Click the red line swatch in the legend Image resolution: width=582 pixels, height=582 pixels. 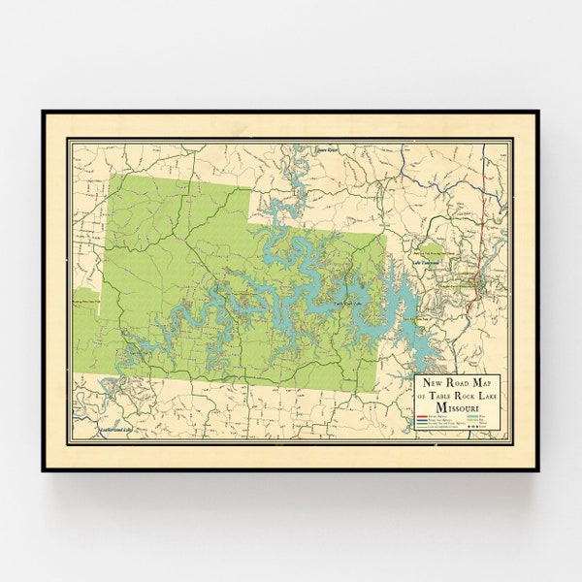422,418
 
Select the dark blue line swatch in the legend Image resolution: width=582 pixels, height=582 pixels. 422,422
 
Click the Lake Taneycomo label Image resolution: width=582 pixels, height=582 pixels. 427,263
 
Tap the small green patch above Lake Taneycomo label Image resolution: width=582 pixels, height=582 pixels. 427,248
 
